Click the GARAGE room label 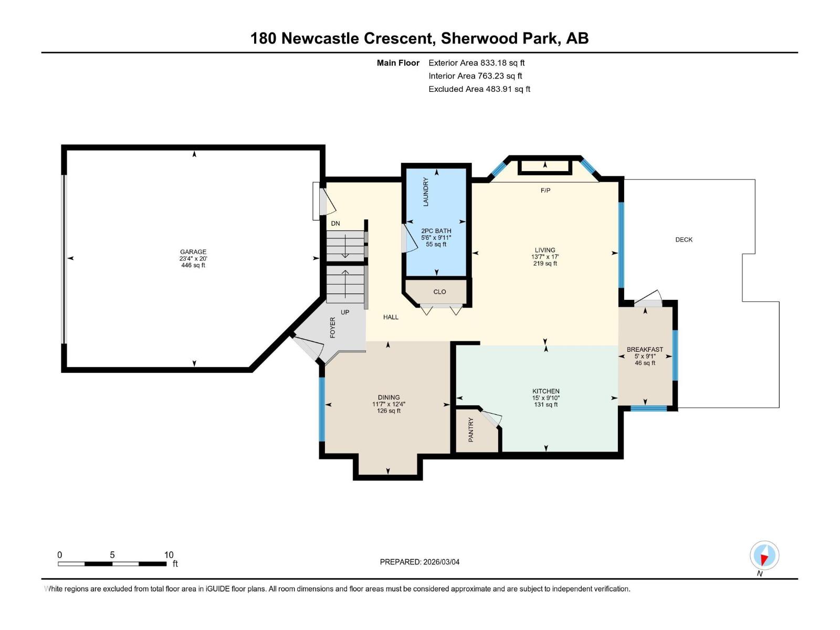(x=193, y=252)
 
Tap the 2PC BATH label (x=436, y=231)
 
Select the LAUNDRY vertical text (x=426, y=192)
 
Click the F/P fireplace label (x=545, y=191)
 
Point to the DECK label (x=684, y=240)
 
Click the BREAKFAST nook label (x=645, y=350)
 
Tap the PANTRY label (x=471, y=429)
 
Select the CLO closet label (x=439, y=292)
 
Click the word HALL (x=391, y=317)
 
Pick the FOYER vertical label (x=332, y=328)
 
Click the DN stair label (x=335, y=224)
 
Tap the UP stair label (x=345, y=312)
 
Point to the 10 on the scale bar (x=169, y=555)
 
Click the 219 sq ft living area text (x=545, y=264)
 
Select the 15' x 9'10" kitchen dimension (x=546, y=398)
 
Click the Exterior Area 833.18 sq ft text (x=476, y=63)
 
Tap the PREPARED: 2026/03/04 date (x=419, y=562)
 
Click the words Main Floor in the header (x=398, y=63)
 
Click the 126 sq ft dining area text (x=388, y=411)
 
